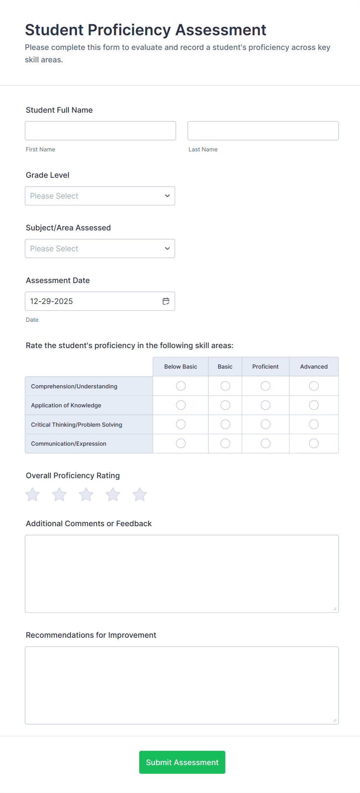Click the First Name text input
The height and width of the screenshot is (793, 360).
pos(100,131)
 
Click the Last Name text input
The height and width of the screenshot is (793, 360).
pos(263,131)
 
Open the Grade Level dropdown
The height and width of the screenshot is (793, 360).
pos(100,196)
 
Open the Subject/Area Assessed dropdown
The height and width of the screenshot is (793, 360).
pos(100,249)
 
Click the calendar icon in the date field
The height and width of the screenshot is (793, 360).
pos(166,301)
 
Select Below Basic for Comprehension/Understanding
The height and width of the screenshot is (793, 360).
pos(181,386)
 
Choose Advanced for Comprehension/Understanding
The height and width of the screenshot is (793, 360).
pos(314,386)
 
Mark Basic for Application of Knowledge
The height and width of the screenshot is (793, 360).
pos(225,405)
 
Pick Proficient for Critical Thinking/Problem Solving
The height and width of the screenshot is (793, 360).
pos(266,424)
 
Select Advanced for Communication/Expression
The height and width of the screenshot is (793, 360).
pos(314,443)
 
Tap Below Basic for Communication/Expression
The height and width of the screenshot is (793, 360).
pos(181,443)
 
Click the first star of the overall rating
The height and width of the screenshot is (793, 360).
pos(33,494)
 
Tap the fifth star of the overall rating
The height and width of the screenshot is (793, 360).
pos(140,494)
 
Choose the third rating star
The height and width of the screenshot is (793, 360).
pos(86,494)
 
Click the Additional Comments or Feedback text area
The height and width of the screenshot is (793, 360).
pos(182,574)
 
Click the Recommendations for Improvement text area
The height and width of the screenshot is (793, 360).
pos(182,685)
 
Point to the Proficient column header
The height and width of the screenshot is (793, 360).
pos(266,367)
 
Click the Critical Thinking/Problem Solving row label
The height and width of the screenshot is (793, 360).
pos(77,425)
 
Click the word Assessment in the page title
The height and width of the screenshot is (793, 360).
pos(221,30)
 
